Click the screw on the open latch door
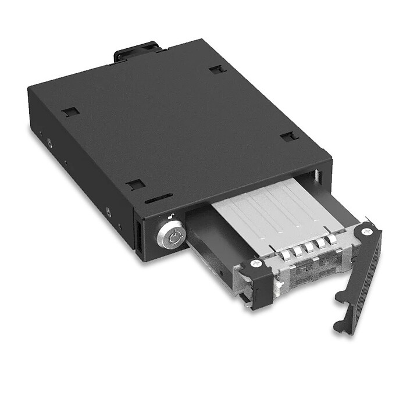pos(366,231)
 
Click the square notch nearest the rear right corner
pos(218,69)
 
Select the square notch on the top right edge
pos(289,137)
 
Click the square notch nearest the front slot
pos(136,184)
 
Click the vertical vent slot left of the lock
pos(140,238)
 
